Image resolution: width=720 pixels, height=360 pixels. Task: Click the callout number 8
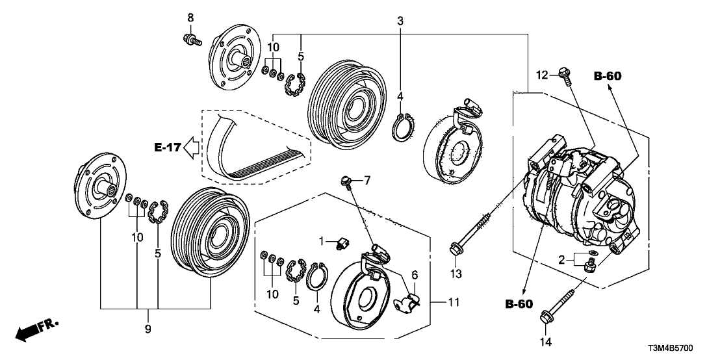pos(190,16)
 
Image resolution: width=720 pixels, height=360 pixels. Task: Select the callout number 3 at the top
pos(400,21)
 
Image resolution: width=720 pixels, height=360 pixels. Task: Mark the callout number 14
pos(545,341)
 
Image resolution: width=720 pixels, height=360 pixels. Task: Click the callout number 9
pos(148,330)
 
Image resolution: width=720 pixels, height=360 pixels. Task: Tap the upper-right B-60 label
pos(608,76)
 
